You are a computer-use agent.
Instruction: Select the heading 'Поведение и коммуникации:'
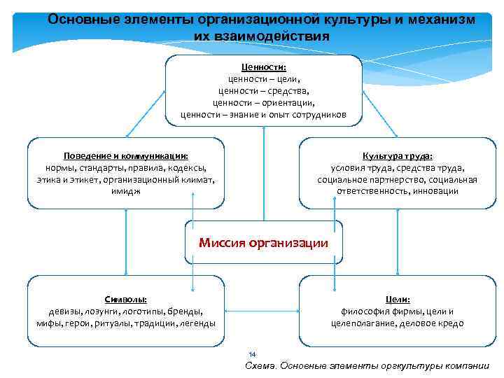point(126,157)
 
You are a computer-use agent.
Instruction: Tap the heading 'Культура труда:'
point(397,157)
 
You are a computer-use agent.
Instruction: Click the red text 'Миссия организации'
point(263,244)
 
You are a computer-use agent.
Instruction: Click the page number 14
point(253,354)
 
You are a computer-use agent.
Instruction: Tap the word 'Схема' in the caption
point(260,366)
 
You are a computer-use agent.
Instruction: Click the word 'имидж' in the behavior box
point(125,191)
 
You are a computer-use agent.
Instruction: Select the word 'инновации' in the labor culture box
point(436,191)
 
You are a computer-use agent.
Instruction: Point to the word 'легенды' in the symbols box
point(198,323)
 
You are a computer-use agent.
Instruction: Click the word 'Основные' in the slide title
point(78,20)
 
